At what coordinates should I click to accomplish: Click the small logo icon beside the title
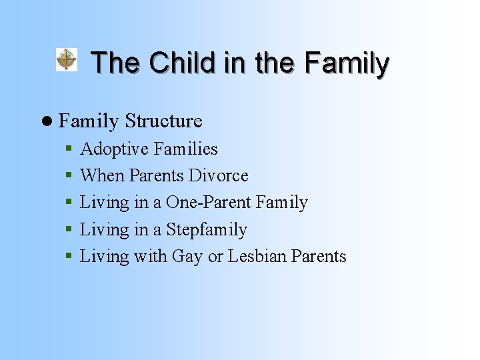coord(66,59)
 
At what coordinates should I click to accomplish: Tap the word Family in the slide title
coord(346,63)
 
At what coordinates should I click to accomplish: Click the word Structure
coord(163,121)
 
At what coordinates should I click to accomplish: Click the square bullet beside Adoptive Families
coord(69,149)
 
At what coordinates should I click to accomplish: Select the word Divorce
coord(218,176)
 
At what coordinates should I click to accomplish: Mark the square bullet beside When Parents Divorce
coord(69,176)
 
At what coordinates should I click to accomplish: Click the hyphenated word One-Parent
coord(209,203)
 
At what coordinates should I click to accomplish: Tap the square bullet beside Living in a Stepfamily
coord(69,230)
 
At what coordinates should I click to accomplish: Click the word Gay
coord(187,257)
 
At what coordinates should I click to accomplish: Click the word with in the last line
coord(150,257)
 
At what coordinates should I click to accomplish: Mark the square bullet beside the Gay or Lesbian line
coord(69,257)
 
